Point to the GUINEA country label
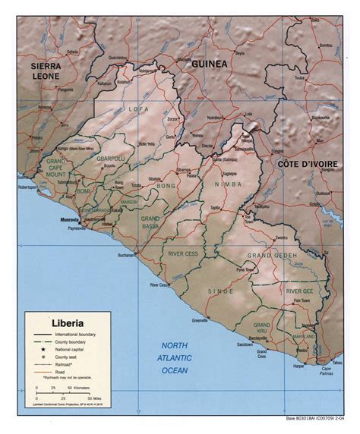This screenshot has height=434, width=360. [x=208, y=64]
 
